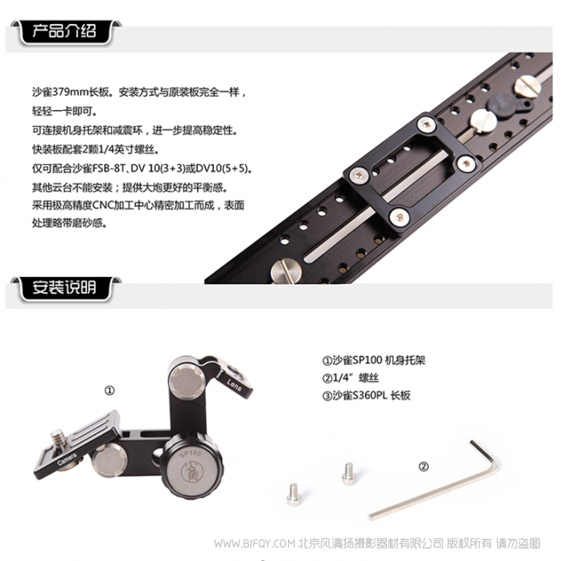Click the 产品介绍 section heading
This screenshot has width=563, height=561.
[x=64, y=31]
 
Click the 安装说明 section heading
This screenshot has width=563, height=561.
[x=64, y=287]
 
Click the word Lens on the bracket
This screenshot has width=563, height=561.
[x=234, y=385]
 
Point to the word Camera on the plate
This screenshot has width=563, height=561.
[x=67, y=459]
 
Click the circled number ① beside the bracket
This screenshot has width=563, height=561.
[x=109, y=390]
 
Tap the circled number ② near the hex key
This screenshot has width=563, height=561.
[x=424, y=467]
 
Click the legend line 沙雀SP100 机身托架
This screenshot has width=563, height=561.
[x=374, y=360]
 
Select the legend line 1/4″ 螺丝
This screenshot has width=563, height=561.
[x=351, y=377]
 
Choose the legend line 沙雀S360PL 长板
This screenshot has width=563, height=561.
[x=366, y=395]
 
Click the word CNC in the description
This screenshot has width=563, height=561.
[x=103, y=205]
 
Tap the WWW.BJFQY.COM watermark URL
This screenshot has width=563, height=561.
[x=255, y=543]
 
